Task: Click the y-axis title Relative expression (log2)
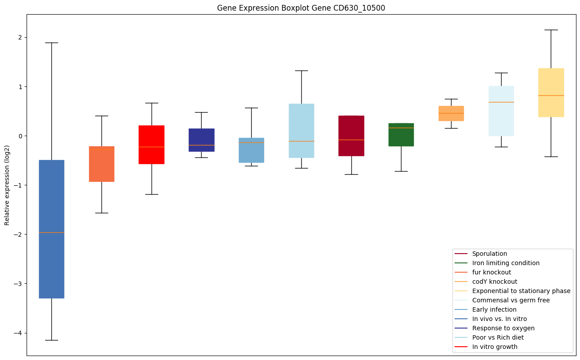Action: [7, 185]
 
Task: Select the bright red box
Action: [152, 145]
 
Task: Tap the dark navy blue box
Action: [202, 140]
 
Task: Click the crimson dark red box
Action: [351, 136]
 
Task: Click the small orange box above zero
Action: [451, 113]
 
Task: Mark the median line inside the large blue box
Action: [51, 232]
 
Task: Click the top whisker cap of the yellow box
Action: [551, 30]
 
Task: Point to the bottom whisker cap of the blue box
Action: [51, 340]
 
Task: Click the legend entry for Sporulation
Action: [489, 254]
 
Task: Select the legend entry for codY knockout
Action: [494, 282]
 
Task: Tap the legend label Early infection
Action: [494, 309]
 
